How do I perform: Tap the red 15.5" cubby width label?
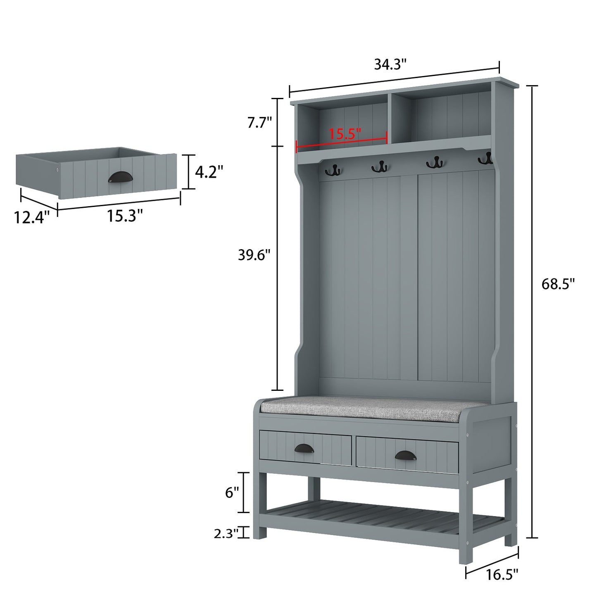345,133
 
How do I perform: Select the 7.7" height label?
259,123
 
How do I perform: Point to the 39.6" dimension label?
254,255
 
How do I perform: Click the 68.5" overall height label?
558,284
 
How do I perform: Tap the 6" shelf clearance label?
232,492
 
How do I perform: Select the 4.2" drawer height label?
209,171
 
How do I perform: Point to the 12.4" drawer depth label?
32,216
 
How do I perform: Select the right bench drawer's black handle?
407,454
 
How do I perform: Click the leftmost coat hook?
332,169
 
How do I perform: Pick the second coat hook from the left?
379,167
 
